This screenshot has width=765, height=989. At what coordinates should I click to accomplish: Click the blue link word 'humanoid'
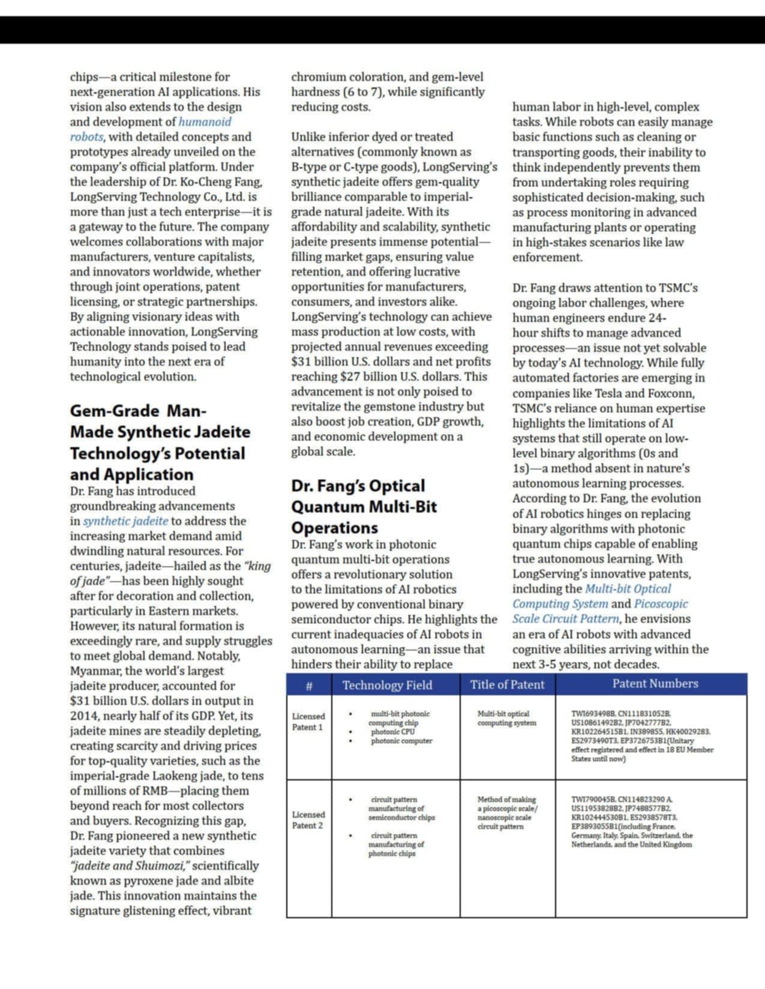tap(205, 122)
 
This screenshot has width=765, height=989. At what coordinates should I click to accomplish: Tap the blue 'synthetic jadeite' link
tap(125, 521)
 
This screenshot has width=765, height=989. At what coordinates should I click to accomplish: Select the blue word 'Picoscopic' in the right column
tap(661, 604)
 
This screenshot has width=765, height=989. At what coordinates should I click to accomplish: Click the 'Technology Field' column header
tap(387, 685)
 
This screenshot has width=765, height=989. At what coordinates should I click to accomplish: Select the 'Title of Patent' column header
tap(507, 685)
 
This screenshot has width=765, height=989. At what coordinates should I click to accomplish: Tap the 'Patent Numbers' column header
tap(655, 684)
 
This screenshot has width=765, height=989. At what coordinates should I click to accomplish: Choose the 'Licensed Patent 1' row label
tap(308, 722)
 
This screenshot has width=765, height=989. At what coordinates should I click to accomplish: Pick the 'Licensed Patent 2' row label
tap(308, 820)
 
